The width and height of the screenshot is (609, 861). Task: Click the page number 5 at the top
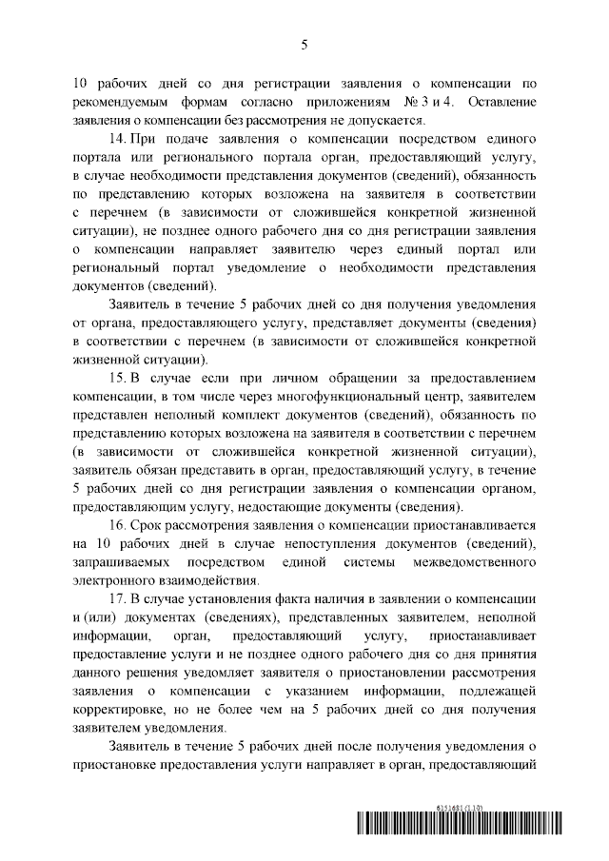304,44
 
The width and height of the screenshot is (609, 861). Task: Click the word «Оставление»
500,101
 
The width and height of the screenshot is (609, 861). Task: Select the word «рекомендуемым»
121,101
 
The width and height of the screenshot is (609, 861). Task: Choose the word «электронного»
112,579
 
